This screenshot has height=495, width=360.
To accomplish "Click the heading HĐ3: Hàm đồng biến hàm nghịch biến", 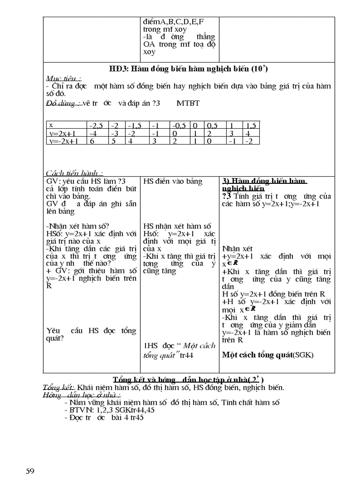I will coord(188,69).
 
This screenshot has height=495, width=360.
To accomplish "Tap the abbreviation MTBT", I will coord(188,104).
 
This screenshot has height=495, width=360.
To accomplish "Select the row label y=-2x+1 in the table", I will coord(63,141).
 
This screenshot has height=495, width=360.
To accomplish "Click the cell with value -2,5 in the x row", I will coord(97,126).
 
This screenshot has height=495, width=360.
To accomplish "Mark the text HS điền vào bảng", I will coord(172,181).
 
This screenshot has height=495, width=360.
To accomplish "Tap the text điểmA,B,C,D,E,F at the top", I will coord(174,21).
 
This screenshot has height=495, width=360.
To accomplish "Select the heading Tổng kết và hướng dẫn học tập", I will coord(188,380).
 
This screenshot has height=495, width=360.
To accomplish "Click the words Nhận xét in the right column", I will coord(237,249).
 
